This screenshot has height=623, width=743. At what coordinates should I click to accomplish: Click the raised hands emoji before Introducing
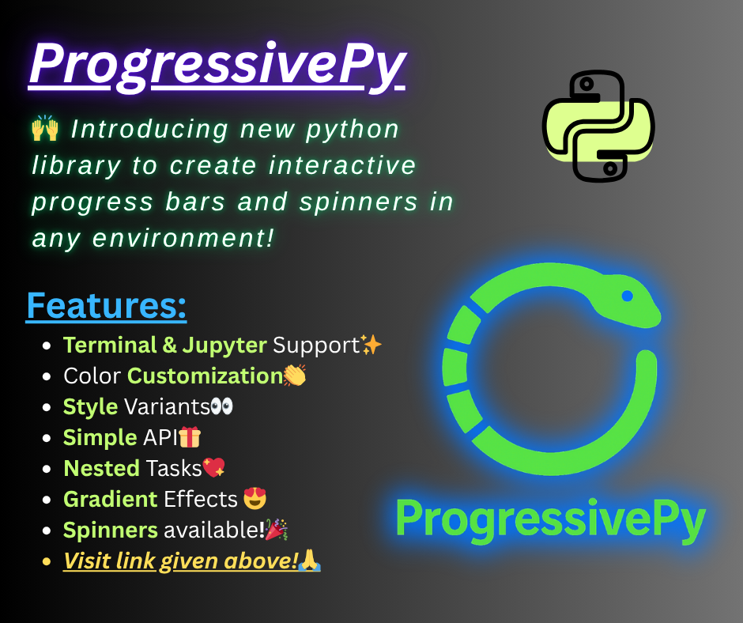45,129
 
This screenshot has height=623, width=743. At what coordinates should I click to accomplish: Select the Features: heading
107,306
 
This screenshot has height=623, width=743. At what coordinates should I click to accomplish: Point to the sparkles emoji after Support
371,345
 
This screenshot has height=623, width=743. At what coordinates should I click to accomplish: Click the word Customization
205,376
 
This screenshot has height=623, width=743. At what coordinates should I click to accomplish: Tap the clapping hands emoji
295,376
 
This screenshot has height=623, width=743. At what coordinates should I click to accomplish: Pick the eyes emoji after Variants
222,407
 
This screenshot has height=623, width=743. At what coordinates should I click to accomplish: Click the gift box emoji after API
190,437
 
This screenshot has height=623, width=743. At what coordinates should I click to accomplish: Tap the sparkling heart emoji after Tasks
214,468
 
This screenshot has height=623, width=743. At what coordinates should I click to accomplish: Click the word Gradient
111,500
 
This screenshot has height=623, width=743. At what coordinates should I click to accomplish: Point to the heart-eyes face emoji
255,499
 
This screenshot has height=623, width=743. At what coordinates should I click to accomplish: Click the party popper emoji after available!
276,530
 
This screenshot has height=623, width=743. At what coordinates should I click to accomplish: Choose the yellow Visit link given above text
181,561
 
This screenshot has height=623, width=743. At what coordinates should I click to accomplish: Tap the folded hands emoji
310,561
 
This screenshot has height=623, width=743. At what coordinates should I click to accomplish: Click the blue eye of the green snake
627,296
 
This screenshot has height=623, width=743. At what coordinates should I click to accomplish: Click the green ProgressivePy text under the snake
550,519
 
